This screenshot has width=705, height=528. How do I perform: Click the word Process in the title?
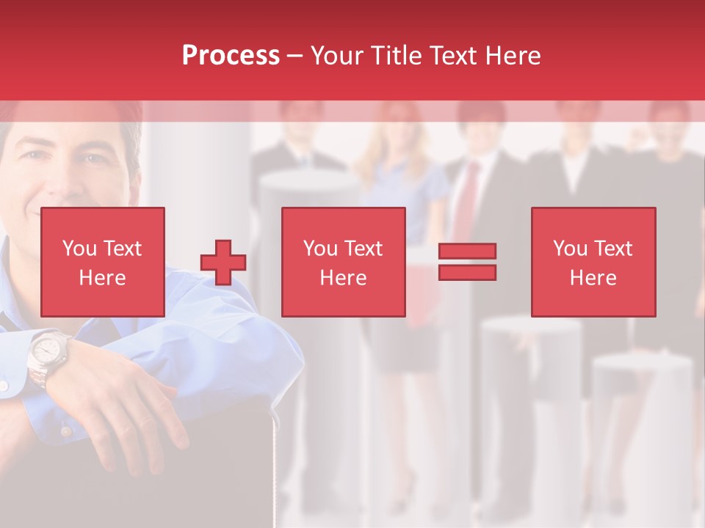coord(231,56)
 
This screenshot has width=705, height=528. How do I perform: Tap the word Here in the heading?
coord(513,56)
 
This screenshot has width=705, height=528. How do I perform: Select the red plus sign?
coord(223,262)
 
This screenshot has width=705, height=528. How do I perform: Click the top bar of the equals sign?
coord(467,251)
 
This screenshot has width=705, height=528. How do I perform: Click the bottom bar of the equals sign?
coord(467,273)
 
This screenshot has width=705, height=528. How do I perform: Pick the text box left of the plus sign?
coord(102,262)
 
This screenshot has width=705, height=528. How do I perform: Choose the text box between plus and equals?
coord(343,262)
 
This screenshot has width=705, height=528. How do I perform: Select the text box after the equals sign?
coord(593,262)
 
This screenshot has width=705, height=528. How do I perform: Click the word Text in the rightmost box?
coord(612,249)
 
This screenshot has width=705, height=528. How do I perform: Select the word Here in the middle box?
coord(343,278)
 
